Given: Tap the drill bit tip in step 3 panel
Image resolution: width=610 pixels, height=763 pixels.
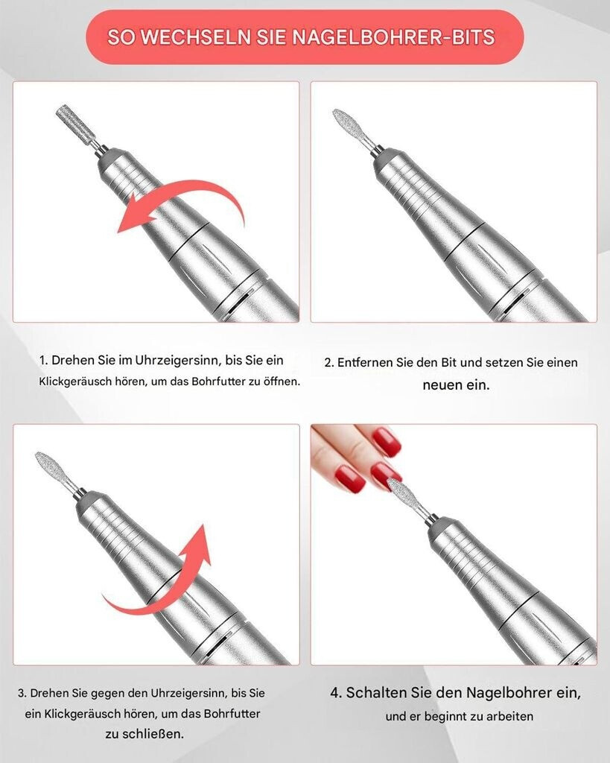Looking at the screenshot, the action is point(37,455).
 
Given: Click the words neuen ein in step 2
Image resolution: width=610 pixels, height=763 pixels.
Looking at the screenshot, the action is point(456,385).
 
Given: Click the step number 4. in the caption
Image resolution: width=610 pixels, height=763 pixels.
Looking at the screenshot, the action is point(336,692).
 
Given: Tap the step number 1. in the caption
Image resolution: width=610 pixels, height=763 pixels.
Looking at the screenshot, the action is point(44,361).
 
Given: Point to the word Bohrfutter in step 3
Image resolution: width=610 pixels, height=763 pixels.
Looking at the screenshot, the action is point(232,714).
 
